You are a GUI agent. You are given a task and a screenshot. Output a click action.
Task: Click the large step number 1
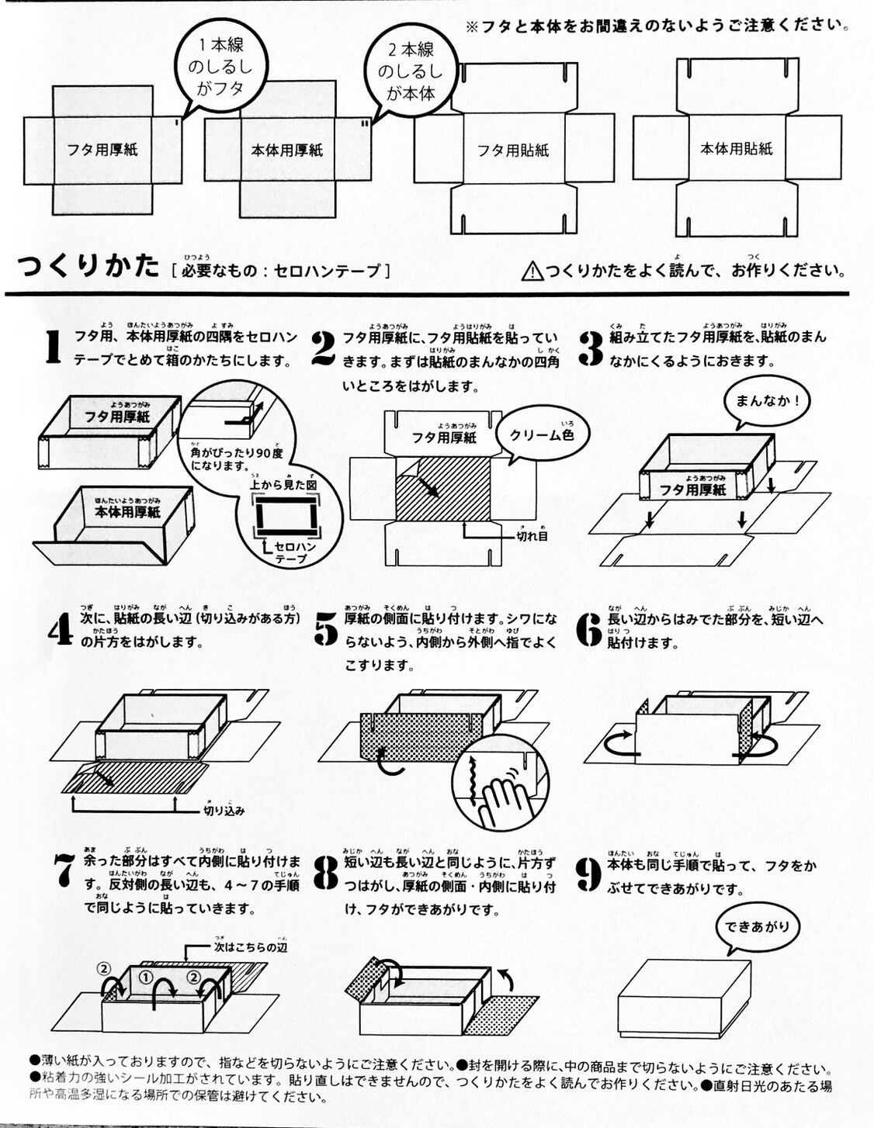point(52,347)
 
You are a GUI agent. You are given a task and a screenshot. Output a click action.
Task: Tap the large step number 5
point(327,629)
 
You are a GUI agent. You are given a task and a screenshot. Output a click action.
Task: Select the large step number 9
point(590,874)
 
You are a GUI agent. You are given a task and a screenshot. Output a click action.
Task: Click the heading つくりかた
point(88,267)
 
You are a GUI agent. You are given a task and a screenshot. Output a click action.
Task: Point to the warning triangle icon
point(532,271)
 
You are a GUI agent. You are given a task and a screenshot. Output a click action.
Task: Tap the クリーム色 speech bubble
point(542,436)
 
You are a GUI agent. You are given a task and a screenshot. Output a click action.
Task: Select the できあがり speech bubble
point(758,927)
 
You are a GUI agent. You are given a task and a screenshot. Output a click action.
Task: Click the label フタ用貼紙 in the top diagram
point(512,151)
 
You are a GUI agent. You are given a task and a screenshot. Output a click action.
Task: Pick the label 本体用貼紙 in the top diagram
point(737,148)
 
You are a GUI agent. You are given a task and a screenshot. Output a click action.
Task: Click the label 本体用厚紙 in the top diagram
point(286,151)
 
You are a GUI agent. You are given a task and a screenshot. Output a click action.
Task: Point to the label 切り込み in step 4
point(224,811)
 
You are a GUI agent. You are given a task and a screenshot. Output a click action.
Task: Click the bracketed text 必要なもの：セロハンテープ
point(279,271)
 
